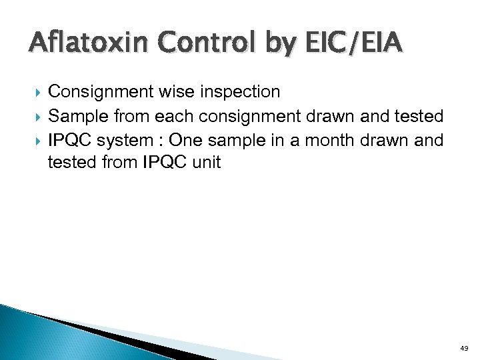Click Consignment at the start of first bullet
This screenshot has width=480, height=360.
click(x=97, y=91)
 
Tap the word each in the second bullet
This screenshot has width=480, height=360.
click(x=173, y=117)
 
